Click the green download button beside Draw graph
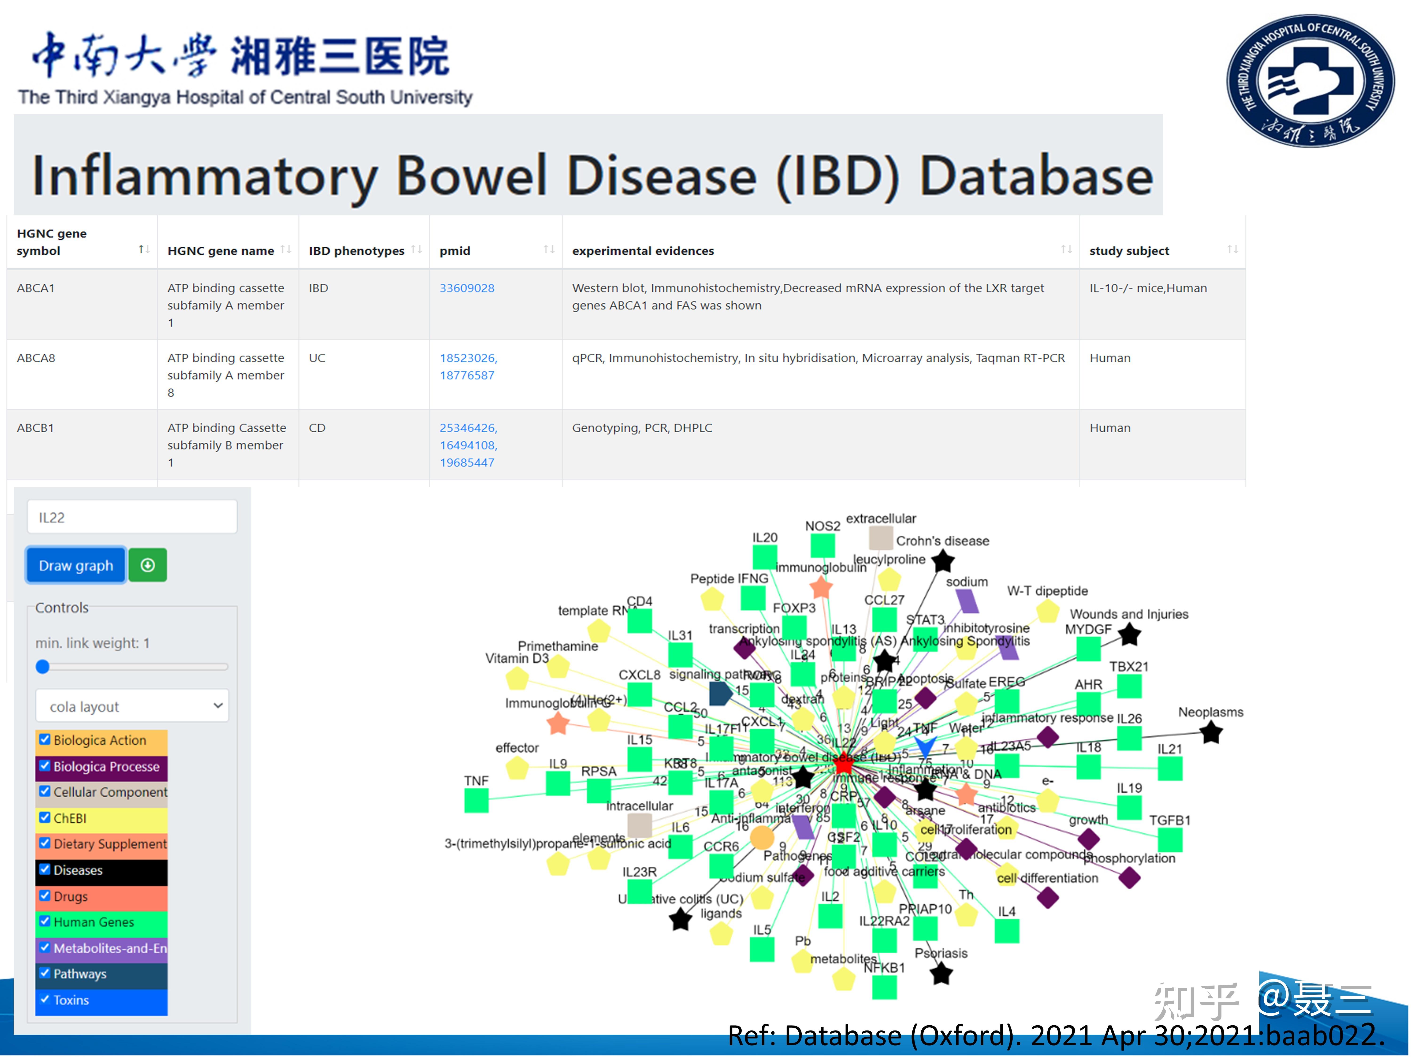tap(147, 565)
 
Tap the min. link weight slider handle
tap(43, 667)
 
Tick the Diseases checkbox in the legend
tap(45, 869)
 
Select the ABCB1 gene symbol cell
tap(36, 428)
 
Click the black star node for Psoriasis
tap(941, 974)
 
